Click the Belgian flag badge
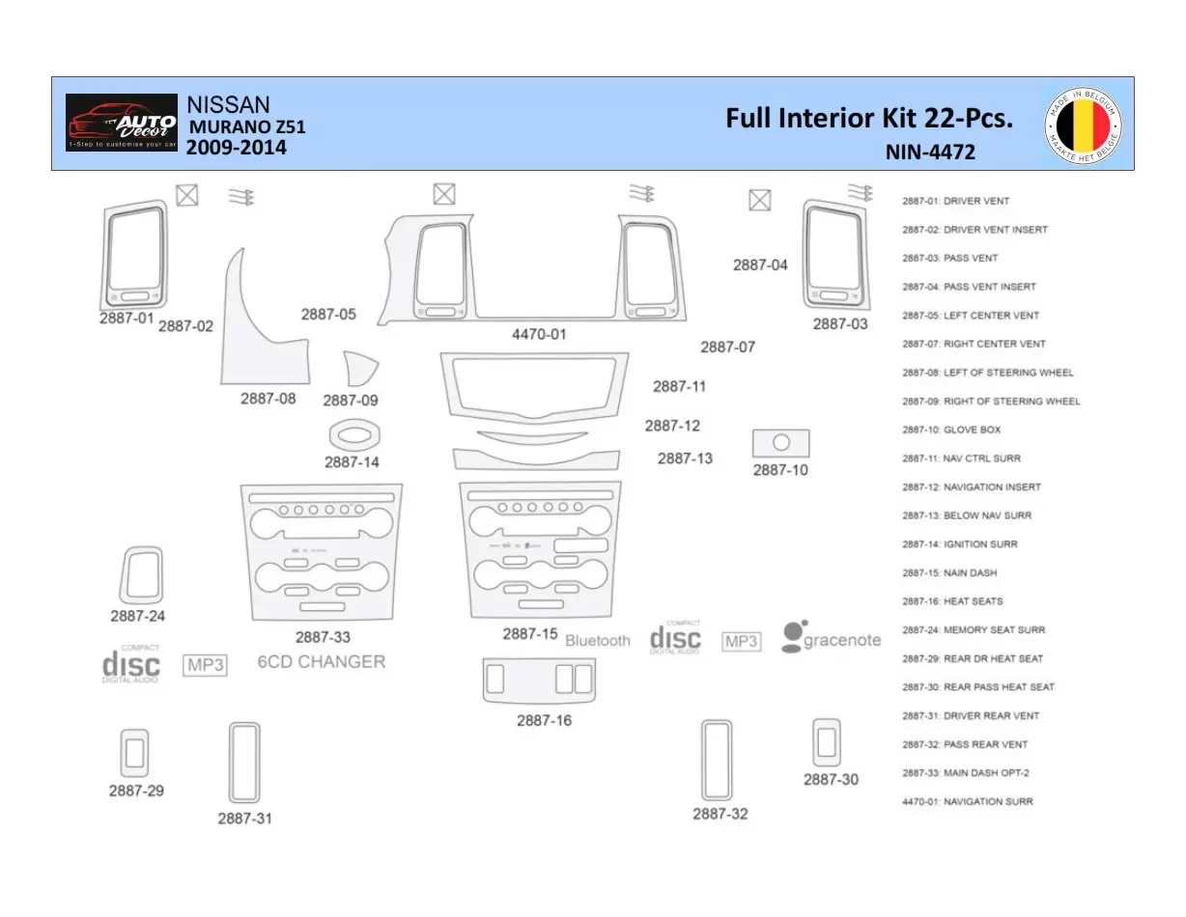point(1083,125)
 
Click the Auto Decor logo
point(122,123)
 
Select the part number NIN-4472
point(929,153)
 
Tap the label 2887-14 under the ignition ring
point(352,462)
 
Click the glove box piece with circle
point(780,443)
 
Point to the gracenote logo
point(831,637)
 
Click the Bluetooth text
point(597,641)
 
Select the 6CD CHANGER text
point(321,662)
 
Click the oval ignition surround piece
point(354,435)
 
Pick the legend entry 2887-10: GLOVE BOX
point(951,430)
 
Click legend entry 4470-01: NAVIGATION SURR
point(967,801)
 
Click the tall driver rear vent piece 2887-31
point(244,763)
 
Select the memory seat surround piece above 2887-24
point(141,574)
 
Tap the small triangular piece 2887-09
point(359,371)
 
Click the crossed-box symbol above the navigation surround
point(443,194)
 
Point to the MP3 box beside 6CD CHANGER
point(205,665)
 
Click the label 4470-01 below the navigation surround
point(539,335)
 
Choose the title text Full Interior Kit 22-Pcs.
point(868,119)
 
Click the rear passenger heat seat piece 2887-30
point(826,742)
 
